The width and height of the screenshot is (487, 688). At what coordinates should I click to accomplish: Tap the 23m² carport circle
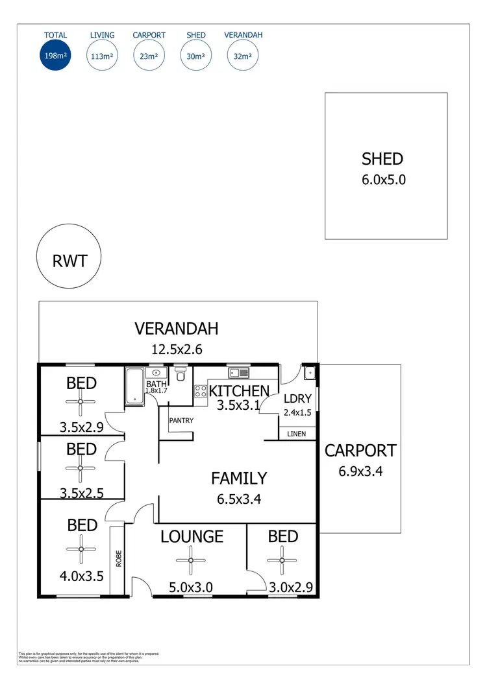tap(149, 56)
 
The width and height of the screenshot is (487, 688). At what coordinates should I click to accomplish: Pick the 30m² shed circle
tap(195, 56)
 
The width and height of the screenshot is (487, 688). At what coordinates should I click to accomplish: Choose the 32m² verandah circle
tap(243, 56)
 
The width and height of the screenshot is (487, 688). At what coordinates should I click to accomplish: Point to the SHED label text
tap(382, 159)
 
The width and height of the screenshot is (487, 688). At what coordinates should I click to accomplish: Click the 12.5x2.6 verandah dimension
tap(177, 350)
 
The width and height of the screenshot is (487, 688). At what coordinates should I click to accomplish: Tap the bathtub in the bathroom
tap(134, 386)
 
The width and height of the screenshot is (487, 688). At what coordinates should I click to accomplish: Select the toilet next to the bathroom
tap(181, 374)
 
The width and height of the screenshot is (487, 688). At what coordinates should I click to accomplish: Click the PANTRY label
tap(181, 420)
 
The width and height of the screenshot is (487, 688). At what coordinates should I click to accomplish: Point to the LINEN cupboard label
tap(296, 433)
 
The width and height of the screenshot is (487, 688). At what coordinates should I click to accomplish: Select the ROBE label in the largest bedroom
tap(118, 559)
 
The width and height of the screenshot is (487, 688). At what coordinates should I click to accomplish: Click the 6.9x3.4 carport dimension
tap(360, 471)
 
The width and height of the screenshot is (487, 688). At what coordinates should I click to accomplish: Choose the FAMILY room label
tap(239, 479)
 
